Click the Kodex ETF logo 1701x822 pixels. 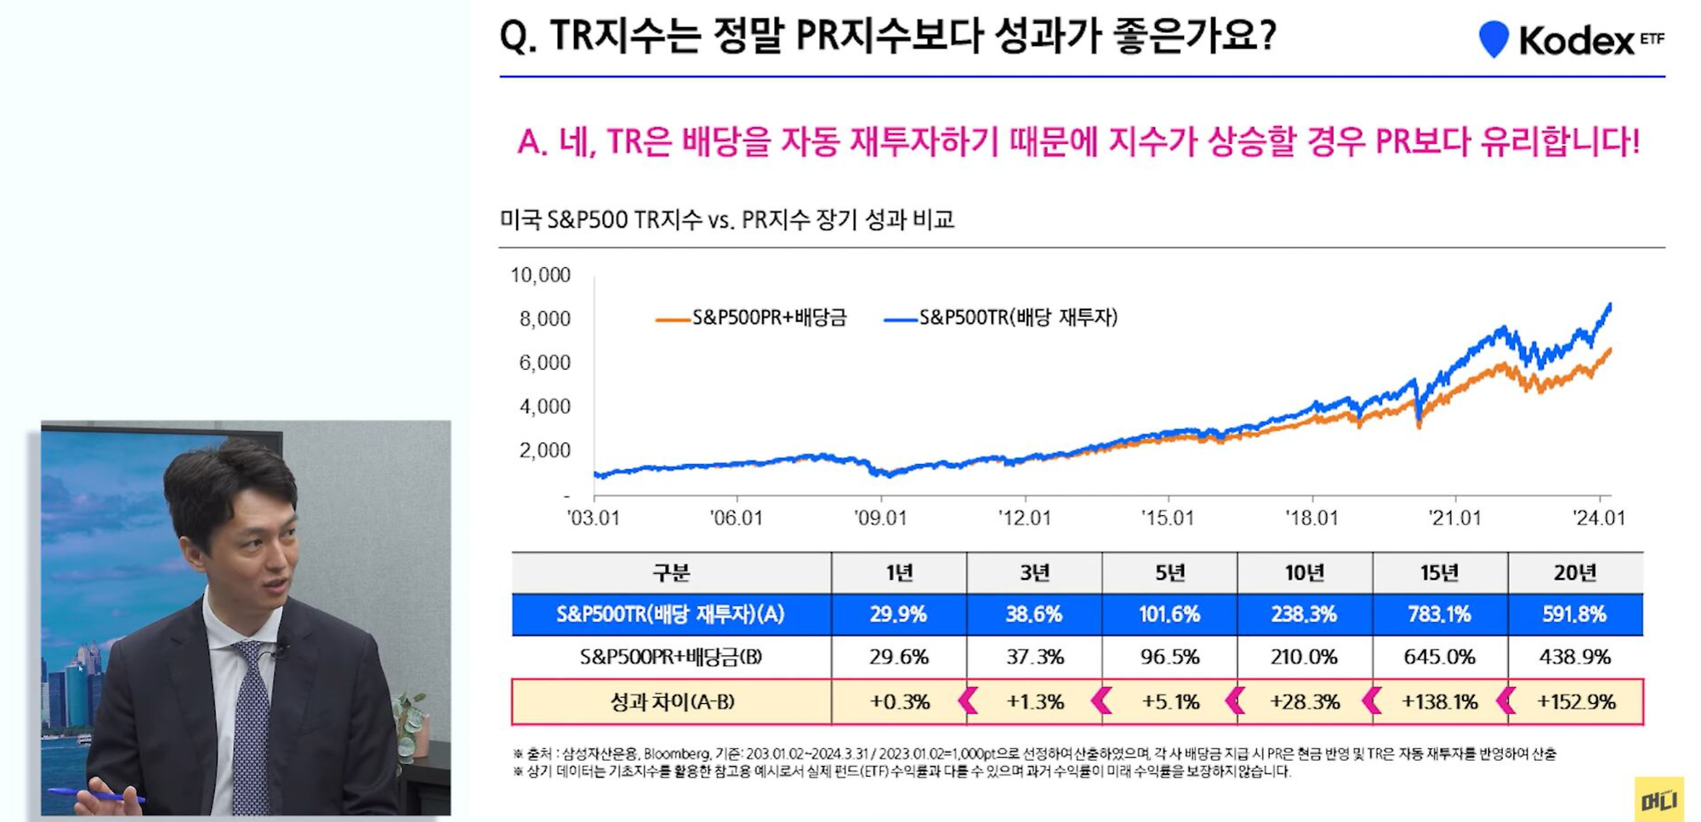click(1570, 40)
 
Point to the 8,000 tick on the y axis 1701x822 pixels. click(544, 319)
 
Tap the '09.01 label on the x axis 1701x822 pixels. click(880, 519)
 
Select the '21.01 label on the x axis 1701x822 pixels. click(1454, 519)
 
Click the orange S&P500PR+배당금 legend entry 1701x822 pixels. click(752, 318)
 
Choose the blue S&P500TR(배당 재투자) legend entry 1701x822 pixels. click(1002, 318)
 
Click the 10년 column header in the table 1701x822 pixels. click(1305, 573)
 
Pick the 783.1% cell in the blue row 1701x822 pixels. click(1439, 615)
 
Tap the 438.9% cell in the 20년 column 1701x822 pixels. click(1575, 657)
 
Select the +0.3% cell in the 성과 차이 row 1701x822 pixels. click(899, 702)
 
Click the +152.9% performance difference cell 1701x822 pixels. click(1575, 702)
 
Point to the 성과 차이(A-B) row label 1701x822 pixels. click(672, 702)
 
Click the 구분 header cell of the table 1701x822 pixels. click(671, 573)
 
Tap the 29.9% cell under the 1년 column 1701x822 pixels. click(898, 615)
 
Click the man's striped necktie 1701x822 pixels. click(251, 723)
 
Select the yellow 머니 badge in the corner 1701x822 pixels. click(1658, 800)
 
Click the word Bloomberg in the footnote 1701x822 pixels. click(676, 754)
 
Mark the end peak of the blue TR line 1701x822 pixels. click(1609, 305)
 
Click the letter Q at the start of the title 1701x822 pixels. click(513, 37)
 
